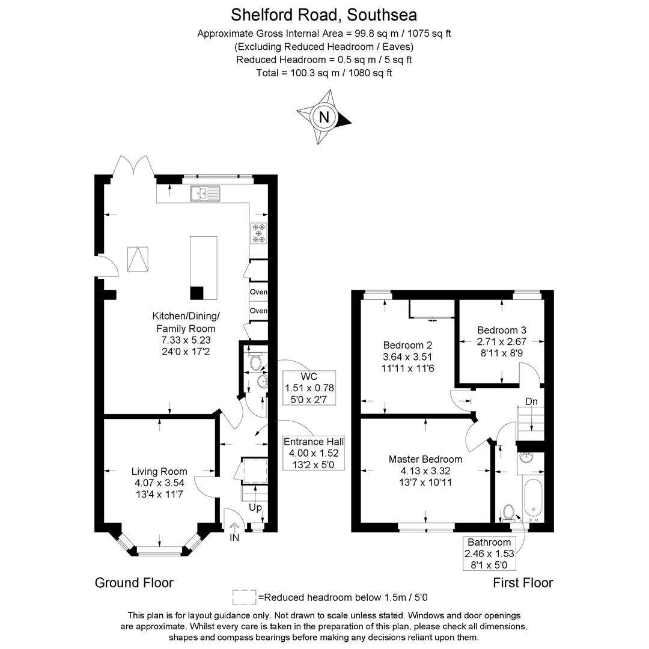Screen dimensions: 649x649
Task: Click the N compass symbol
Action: click(x=324, y=117)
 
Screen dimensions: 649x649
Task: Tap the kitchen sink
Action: click(x=205, y=193)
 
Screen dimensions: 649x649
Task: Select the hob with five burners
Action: click(x=259, y=233)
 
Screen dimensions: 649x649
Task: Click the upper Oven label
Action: click(x=258, y=292)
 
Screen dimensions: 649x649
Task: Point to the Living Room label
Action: click(x=159, y=471)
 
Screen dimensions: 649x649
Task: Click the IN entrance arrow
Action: click(x=234, y=532)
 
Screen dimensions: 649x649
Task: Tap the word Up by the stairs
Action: click(x=255, y=507)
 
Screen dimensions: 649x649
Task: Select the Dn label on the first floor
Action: click(x=531, y=401)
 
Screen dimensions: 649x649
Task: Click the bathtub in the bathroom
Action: click(x=533, y=500)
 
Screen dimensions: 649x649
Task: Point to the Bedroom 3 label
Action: click(x=502, y=330)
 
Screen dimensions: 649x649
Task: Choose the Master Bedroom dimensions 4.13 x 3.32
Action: click(x=425, y=471)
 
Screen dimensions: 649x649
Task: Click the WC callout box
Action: click(x=309, y=388)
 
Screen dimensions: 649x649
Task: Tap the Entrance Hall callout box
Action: click(x=314, y=453)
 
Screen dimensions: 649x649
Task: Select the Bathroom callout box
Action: click(x=489, y=553)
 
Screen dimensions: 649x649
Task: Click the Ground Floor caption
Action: click(x=134, y=583)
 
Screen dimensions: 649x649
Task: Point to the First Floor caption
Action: click(x=523, y=583)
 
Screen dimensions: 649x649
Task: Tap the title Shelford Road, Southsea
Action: click(x=324, y=15)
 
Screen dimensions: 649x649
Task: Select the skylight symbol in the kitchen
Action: click(x=138, y=258)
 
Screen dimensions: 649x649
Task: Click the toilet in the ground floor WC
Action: click(x=256, y=361)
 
